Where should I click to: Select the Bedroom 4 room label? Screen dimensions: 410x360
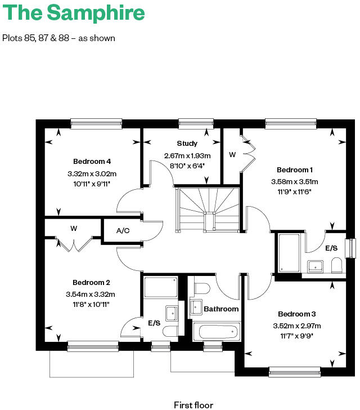click(x=92, y=162)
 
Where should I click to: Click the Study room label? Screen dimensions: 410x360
click(x=187, y=144)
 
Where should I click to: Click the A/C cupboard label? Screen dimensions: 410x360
click(x=123, y=231)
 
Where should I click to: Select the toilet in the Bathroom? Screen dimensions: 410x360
click(x=201, y=288)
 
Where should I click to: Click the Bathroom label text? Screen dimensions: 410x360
click(x=221, y=309)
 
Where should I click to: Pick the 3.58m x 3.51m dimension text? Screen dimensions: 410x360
click(x=294, y=181)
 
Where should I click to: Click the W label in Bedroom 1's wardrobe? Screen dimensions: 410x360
click(x=232, y=154)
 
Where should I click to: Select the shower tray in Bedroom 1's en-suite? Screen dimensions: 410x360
click(x=289, y=253)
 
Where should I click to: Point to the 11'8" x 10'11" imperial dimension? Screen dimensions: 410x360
click(x=91, y=304)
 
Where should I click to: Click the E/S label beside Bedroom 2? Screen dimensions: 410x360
click(x=154, y=323)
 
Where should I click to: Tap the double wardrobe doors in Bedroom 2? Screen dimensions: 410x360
click(x=74, y=245)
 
